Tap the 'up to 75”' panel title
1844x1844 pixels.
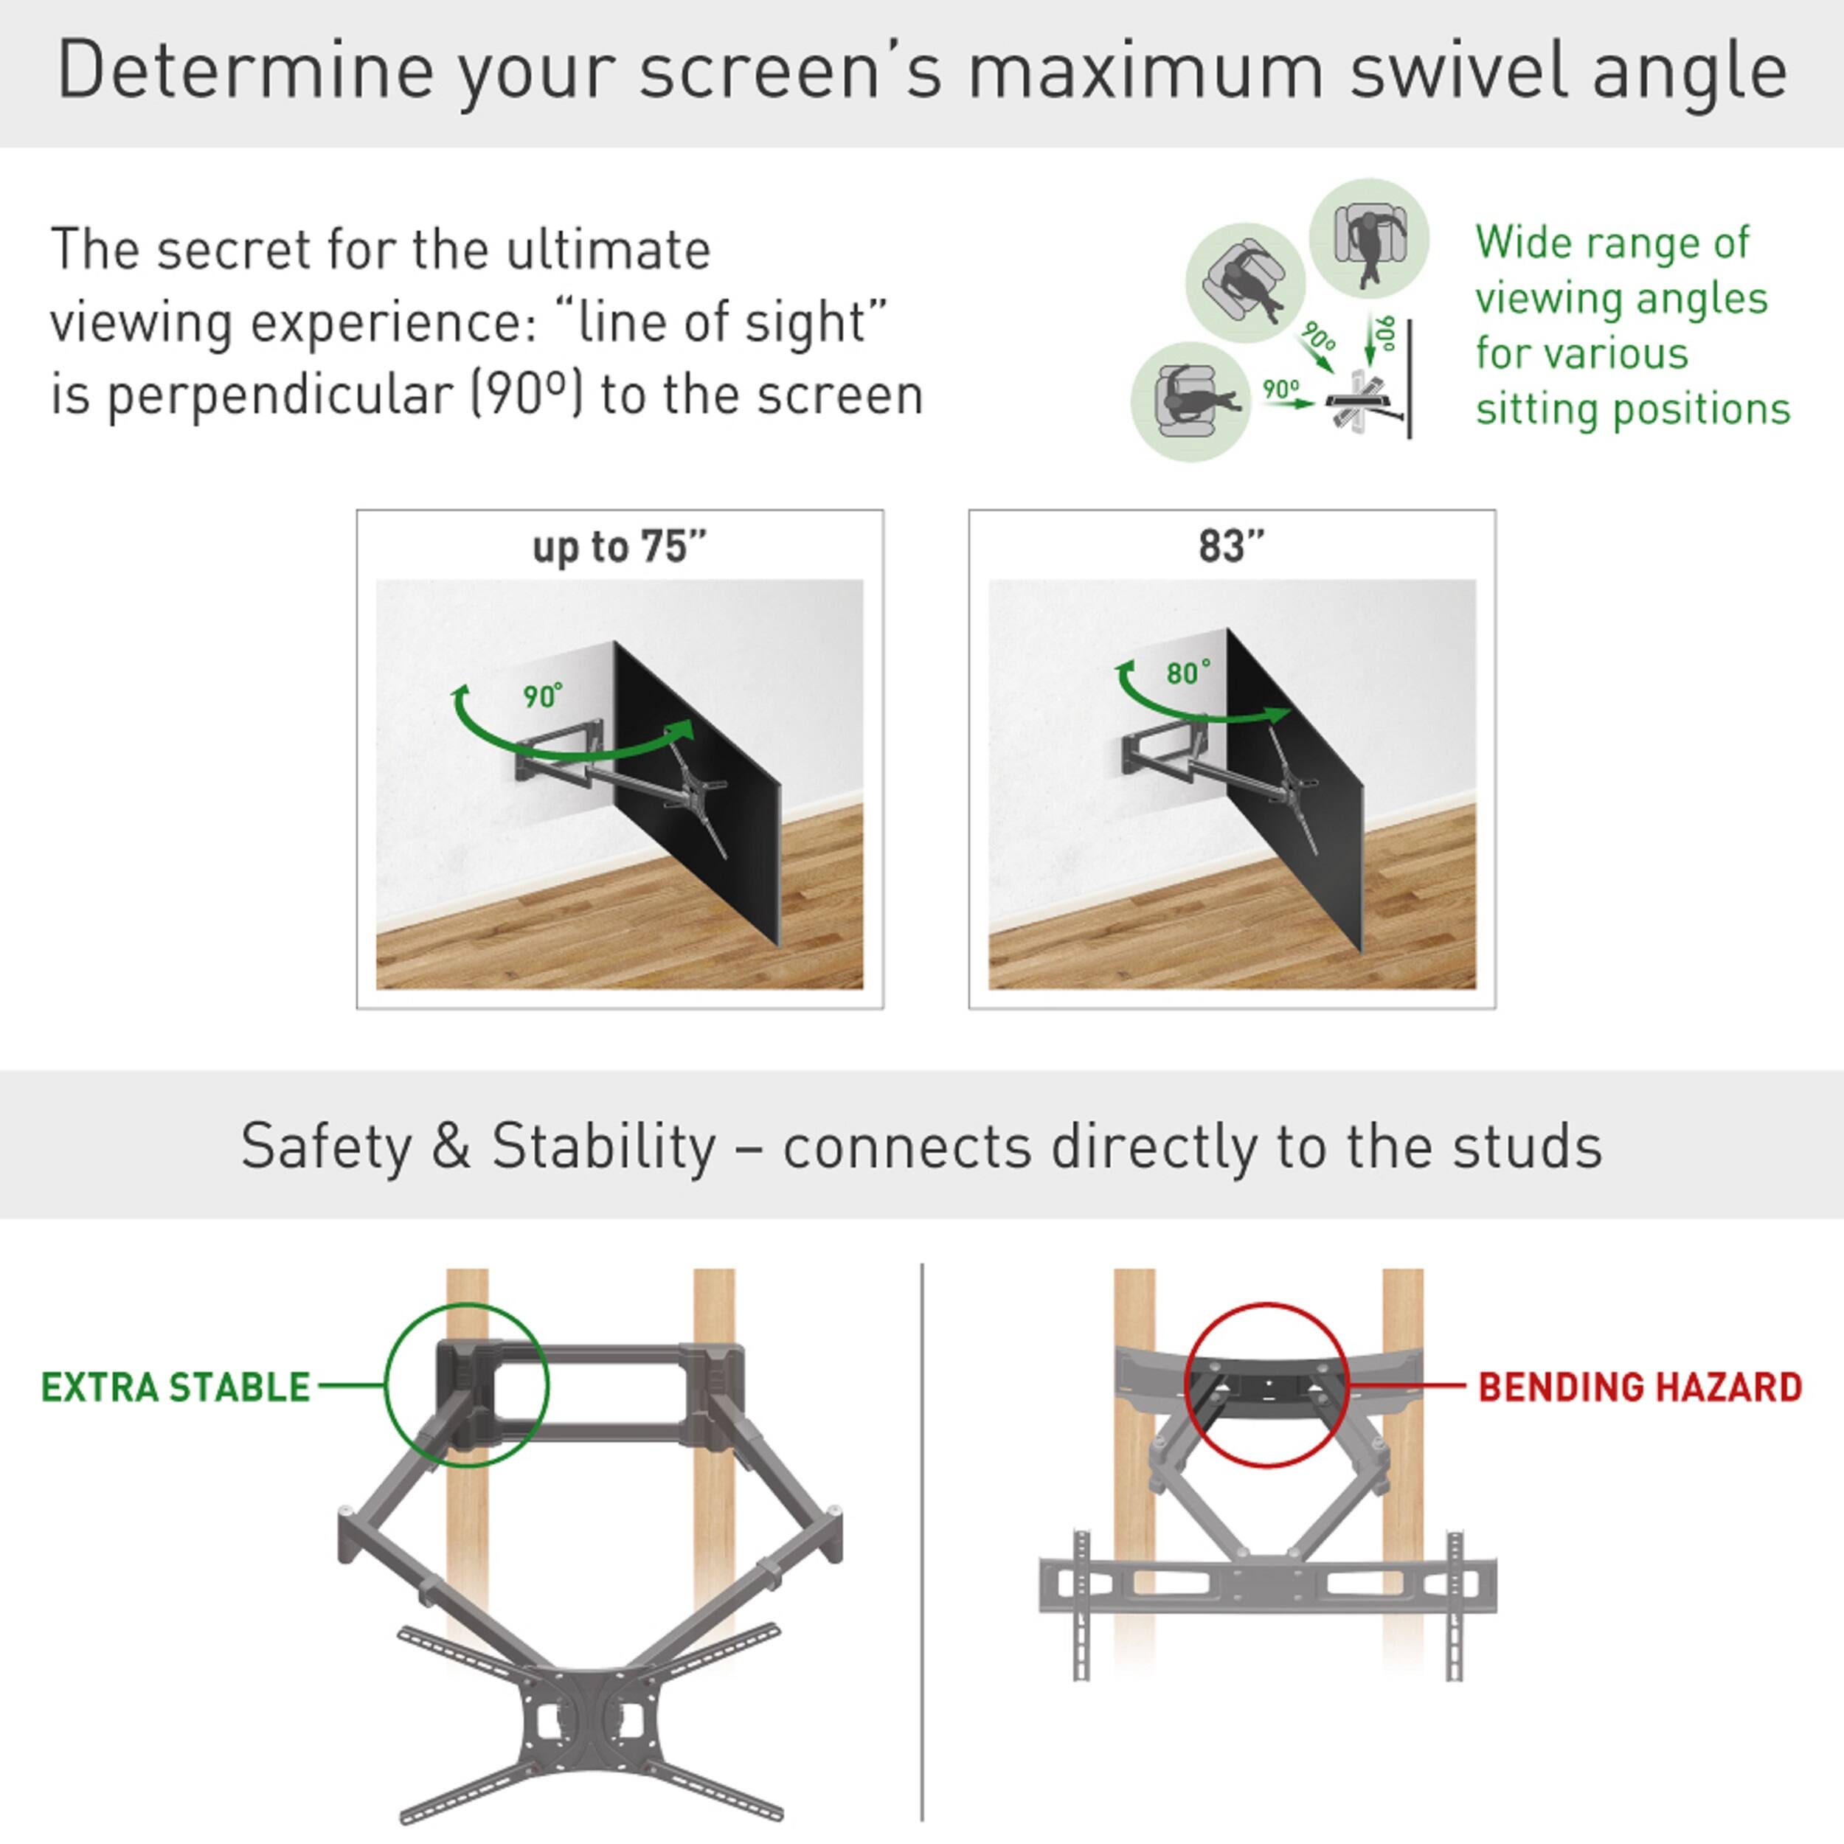point(620,547)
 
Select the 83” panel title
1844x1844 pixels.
point(1231,547)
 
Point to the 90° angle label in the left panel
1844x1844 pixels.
point(542,697)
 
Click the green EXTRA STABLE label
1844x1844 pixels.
point(176,1387)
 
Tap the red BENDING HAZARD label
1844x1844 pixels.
point(1640,1387)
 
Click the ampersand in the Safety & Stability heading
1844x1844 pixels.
point(451,1146)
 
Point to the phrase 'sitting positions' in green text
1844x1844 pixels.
point(1632,409)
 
